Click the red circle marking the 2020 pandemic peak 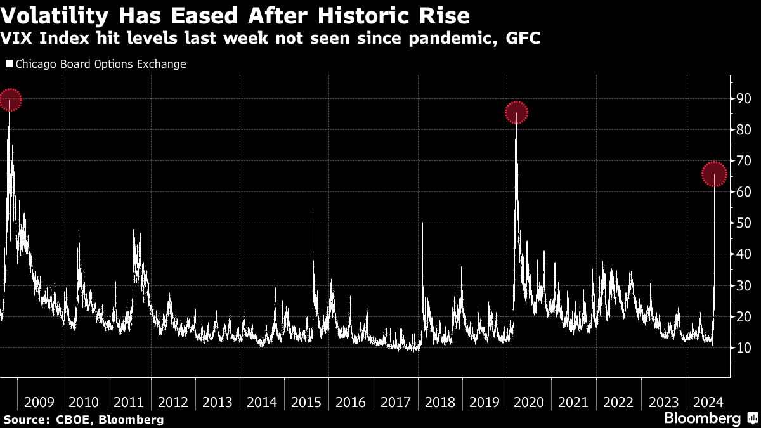click(x=516, y=113)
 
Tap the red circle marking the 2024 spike click(x=715, y=174)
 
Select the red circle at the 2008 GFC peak click(x=10, y=100)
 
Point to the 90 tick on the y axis click(x=743, y=99)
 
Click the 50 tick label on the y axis click(x=743, y=223)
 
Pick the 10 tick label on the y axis click(x=743, y=347)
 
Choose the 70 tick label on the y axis click(x=743, y=161)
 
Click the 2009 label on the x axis click(x=39, y=402)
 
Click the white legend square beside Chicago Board click(x=9, y=64)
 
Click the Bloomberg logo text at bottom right click(x=702, y=418)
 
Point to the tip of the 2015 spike click(x=313, y=214)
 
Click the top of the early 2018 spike click(x=422, y=223)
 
